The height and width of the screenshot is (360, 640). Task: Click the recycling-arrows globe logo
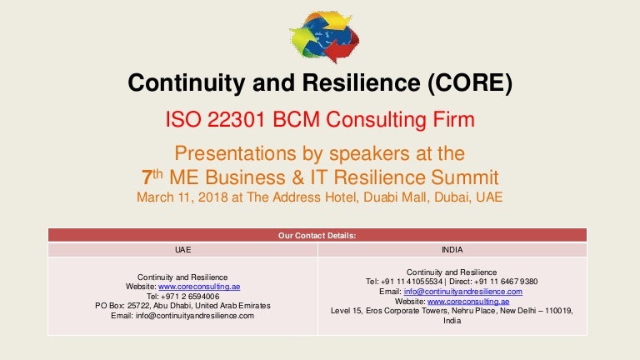pos(324,36)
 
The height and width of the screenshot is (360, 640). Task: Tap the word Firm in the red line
pos(450,120)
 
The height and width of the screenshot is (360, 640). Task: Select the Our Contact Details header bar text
pos(317,235)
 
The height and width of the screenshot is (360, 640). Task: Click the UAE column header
pos(182,248)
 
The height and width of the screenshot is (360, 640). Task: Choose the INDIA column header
pos(452,248)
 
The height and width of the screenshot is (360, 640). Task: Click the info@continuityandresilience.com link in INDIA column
pos(462,291)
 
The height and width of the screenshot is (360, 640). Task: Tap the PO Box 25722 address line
pos(182,306)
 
